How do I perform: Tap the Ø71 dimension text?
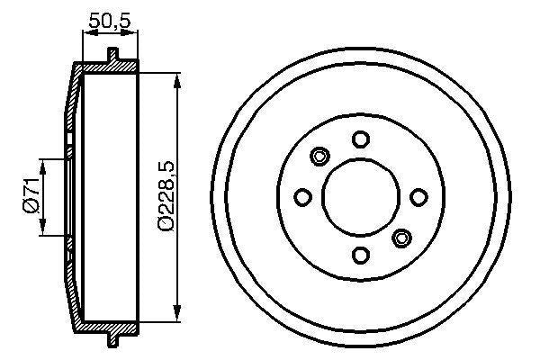click(30, 197)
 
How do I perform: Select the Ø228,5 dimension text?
click(164, 197)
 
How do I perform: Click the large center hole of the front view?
click(360, 196)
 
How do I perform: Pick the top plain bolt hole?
click(361, 139)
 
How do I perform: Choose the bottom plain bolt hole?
click(360, 255)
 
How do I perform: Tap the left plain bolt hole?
click(303, 197)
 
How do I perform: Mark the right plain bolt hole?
click(418, 196)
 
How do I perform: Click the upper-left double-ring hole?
click(319, 157)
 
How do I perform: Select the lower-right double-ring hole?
click(401, 238)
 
